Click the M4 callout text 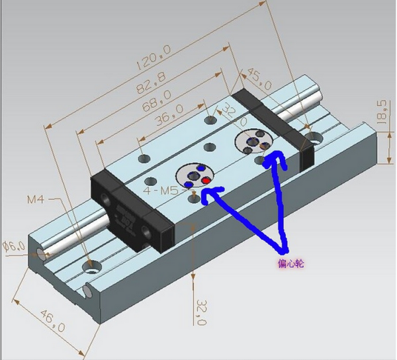point(36,199)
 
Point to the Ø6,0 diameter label point(15,246)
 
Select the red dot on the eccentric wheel point(206,180)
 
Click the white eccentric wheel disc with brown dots point(255,142)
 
